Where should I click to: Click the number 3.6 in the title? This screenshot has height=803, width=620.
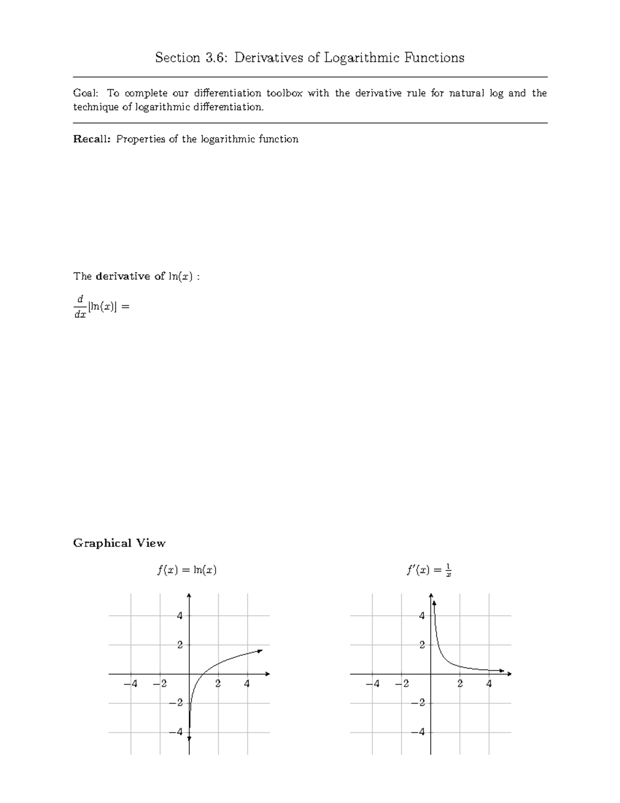(x=216, y=57)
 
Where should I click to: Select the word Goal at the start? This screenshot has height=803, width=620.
(x=84, y=93)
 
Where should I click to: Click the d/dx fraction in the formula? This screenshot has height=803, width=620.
(x=80, y=307)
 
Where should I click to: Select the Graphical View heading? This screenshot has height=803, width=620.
(x=119, y=543)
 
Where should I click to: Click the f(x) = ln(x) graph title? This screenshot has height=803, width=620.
(x=187, y=570)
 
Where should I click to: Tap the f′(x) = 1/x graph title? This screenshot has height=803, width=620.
(x=429, y=570)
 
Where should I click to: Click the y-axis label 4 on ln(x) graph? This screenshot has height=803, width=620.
(x=180, y=616)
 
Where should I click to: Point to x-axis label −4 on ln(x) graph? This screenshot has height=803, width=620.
(x=131, y=684)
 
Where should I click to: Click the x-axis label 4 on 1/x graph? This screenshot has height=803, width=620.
(x=489, y=684)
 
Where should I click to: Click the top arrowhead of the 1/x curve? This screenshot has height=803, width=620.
(x=434, y=602)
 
